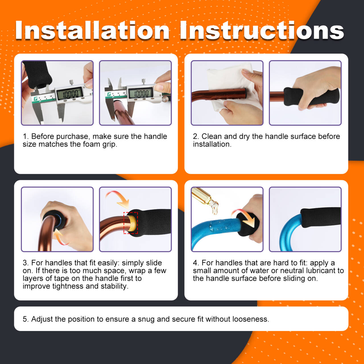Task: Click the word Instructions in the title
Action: [262, 30]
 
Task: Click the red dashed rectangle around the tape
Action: [131, 223]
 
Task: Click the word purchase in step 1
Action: [72, 136]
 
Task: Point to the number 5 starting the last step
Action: [25, 319]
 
